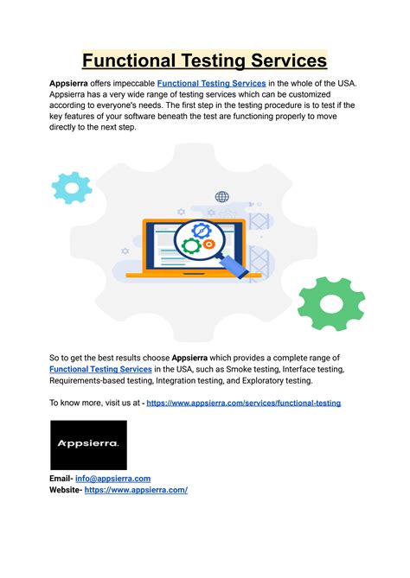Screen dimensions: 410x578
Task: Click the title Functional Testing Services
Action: (205, 60)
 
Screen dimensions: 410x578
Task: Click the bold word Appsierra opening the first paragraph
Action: (73, 83)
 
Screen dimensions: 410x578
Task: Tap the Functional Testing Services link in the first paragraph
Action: (212, 83)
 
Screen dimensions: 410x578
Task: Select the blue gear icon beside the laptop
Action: (71, 187)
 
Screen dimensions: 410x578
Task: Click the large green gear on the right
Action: (331, 302)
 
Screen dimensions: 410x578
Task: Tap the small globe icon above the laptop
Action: (222, 197)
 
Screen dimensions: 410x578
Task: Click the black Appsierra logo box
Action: (88, 445)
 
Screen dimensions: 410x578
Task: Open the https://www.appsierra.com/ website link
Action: (136, 490)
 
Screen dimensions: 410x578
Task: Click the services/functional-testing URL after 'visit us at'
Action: (243, 403)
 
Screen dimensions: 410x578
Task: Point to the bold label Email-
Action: (66, 478)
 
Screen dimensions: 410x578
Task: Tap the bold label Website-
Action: (66, 490)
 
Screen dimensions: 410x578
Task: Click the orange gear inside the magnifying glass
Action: (208, 245)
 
